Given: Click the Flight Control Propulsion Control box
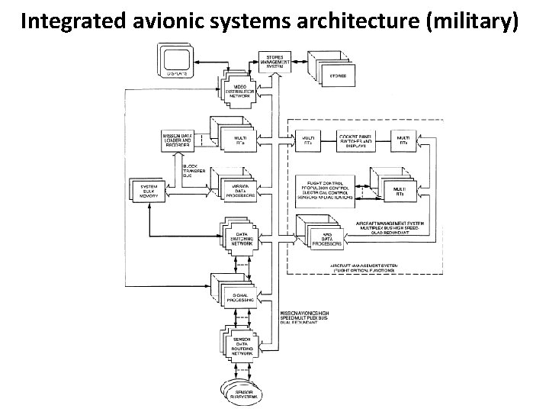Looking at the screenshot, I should pos(326,188).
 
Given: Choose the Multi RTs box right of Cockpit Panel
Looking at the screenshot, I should pos(402,141).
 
